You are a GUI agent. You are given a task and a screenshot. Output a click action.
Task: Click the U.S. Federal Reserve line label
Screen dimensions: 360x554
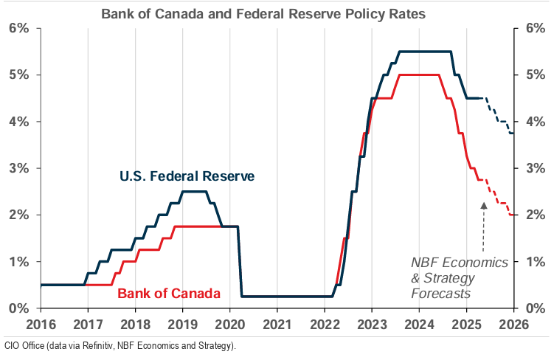(187, 176)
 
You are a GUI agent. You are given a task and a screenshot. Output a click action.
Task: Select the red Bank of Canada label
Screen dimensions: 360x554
(168, 294)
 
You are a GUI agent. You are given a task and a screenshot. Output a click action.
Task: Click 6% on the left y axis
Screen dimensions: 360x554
(18, 28)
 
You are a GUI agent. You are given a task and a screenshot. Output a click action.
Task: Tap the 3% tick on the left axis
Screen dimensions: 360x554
(18, 168)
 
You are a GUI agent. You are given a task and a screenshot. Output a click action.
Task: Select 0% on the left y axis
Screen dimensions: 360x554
(18, 308)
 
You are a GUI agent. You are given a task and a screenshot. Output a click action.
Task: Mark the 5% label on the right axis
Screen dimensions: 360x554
(535, 75)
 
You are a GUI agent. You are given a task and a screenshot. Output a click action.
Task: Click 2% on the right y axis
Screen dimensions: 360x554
(535, 215)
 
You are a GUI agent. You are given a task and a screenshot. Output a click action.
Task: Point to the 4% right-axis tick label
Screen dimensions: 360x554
(535, 122)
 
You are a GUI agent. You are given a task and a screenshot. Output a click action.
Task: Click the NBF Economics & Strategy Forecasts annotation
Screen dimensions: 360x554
(460, 277)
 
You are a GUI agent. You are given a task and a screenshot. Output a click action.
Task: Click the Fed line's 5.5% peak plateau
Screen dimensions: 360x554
(425, 51)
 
